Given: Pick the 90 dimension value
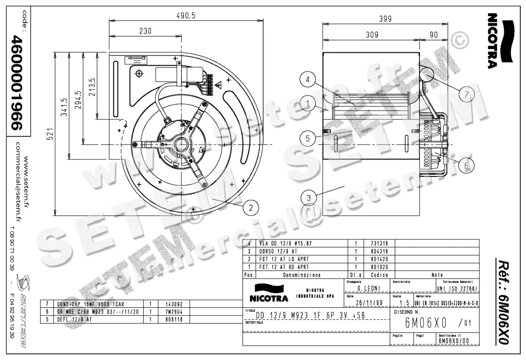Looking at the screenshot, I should pos(434,35).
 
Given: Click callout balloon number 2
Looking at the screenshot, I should pos(251,208).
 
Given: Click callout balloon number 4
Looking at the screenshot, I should pos(309,80).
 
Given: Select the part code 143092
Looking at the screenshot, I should pos(173,304).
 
